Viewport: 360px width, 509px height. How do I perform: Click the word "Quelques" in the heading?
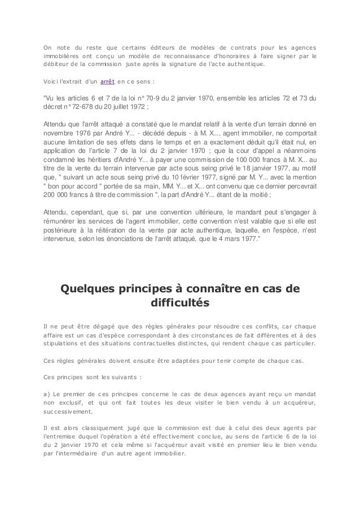pos(87,290)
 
